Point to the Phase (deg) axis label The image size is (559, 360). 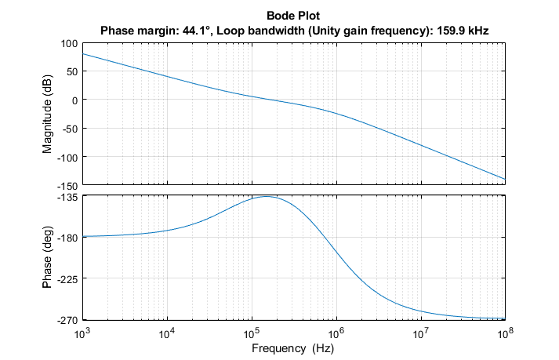(49, 257)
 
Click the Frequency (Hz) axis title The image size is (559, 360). (292, 347)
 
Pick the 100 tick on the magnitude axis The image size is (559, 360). (68, 43)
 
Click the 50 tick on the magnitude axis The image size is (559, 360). (71, 71)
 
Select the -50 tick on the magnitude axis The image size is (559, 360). (69, 129)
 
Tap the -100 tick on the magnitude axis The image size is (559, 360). (67, 158)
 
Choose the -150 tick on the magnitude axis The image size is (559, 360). (67, 186)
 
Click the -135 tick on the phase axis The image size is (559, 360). (67, 197)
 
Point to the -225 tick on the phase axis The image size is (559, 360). (67, 278)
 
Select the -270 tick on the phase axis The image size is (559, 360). (67, 319)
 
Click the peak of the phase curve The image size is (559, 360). (267, 196)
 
